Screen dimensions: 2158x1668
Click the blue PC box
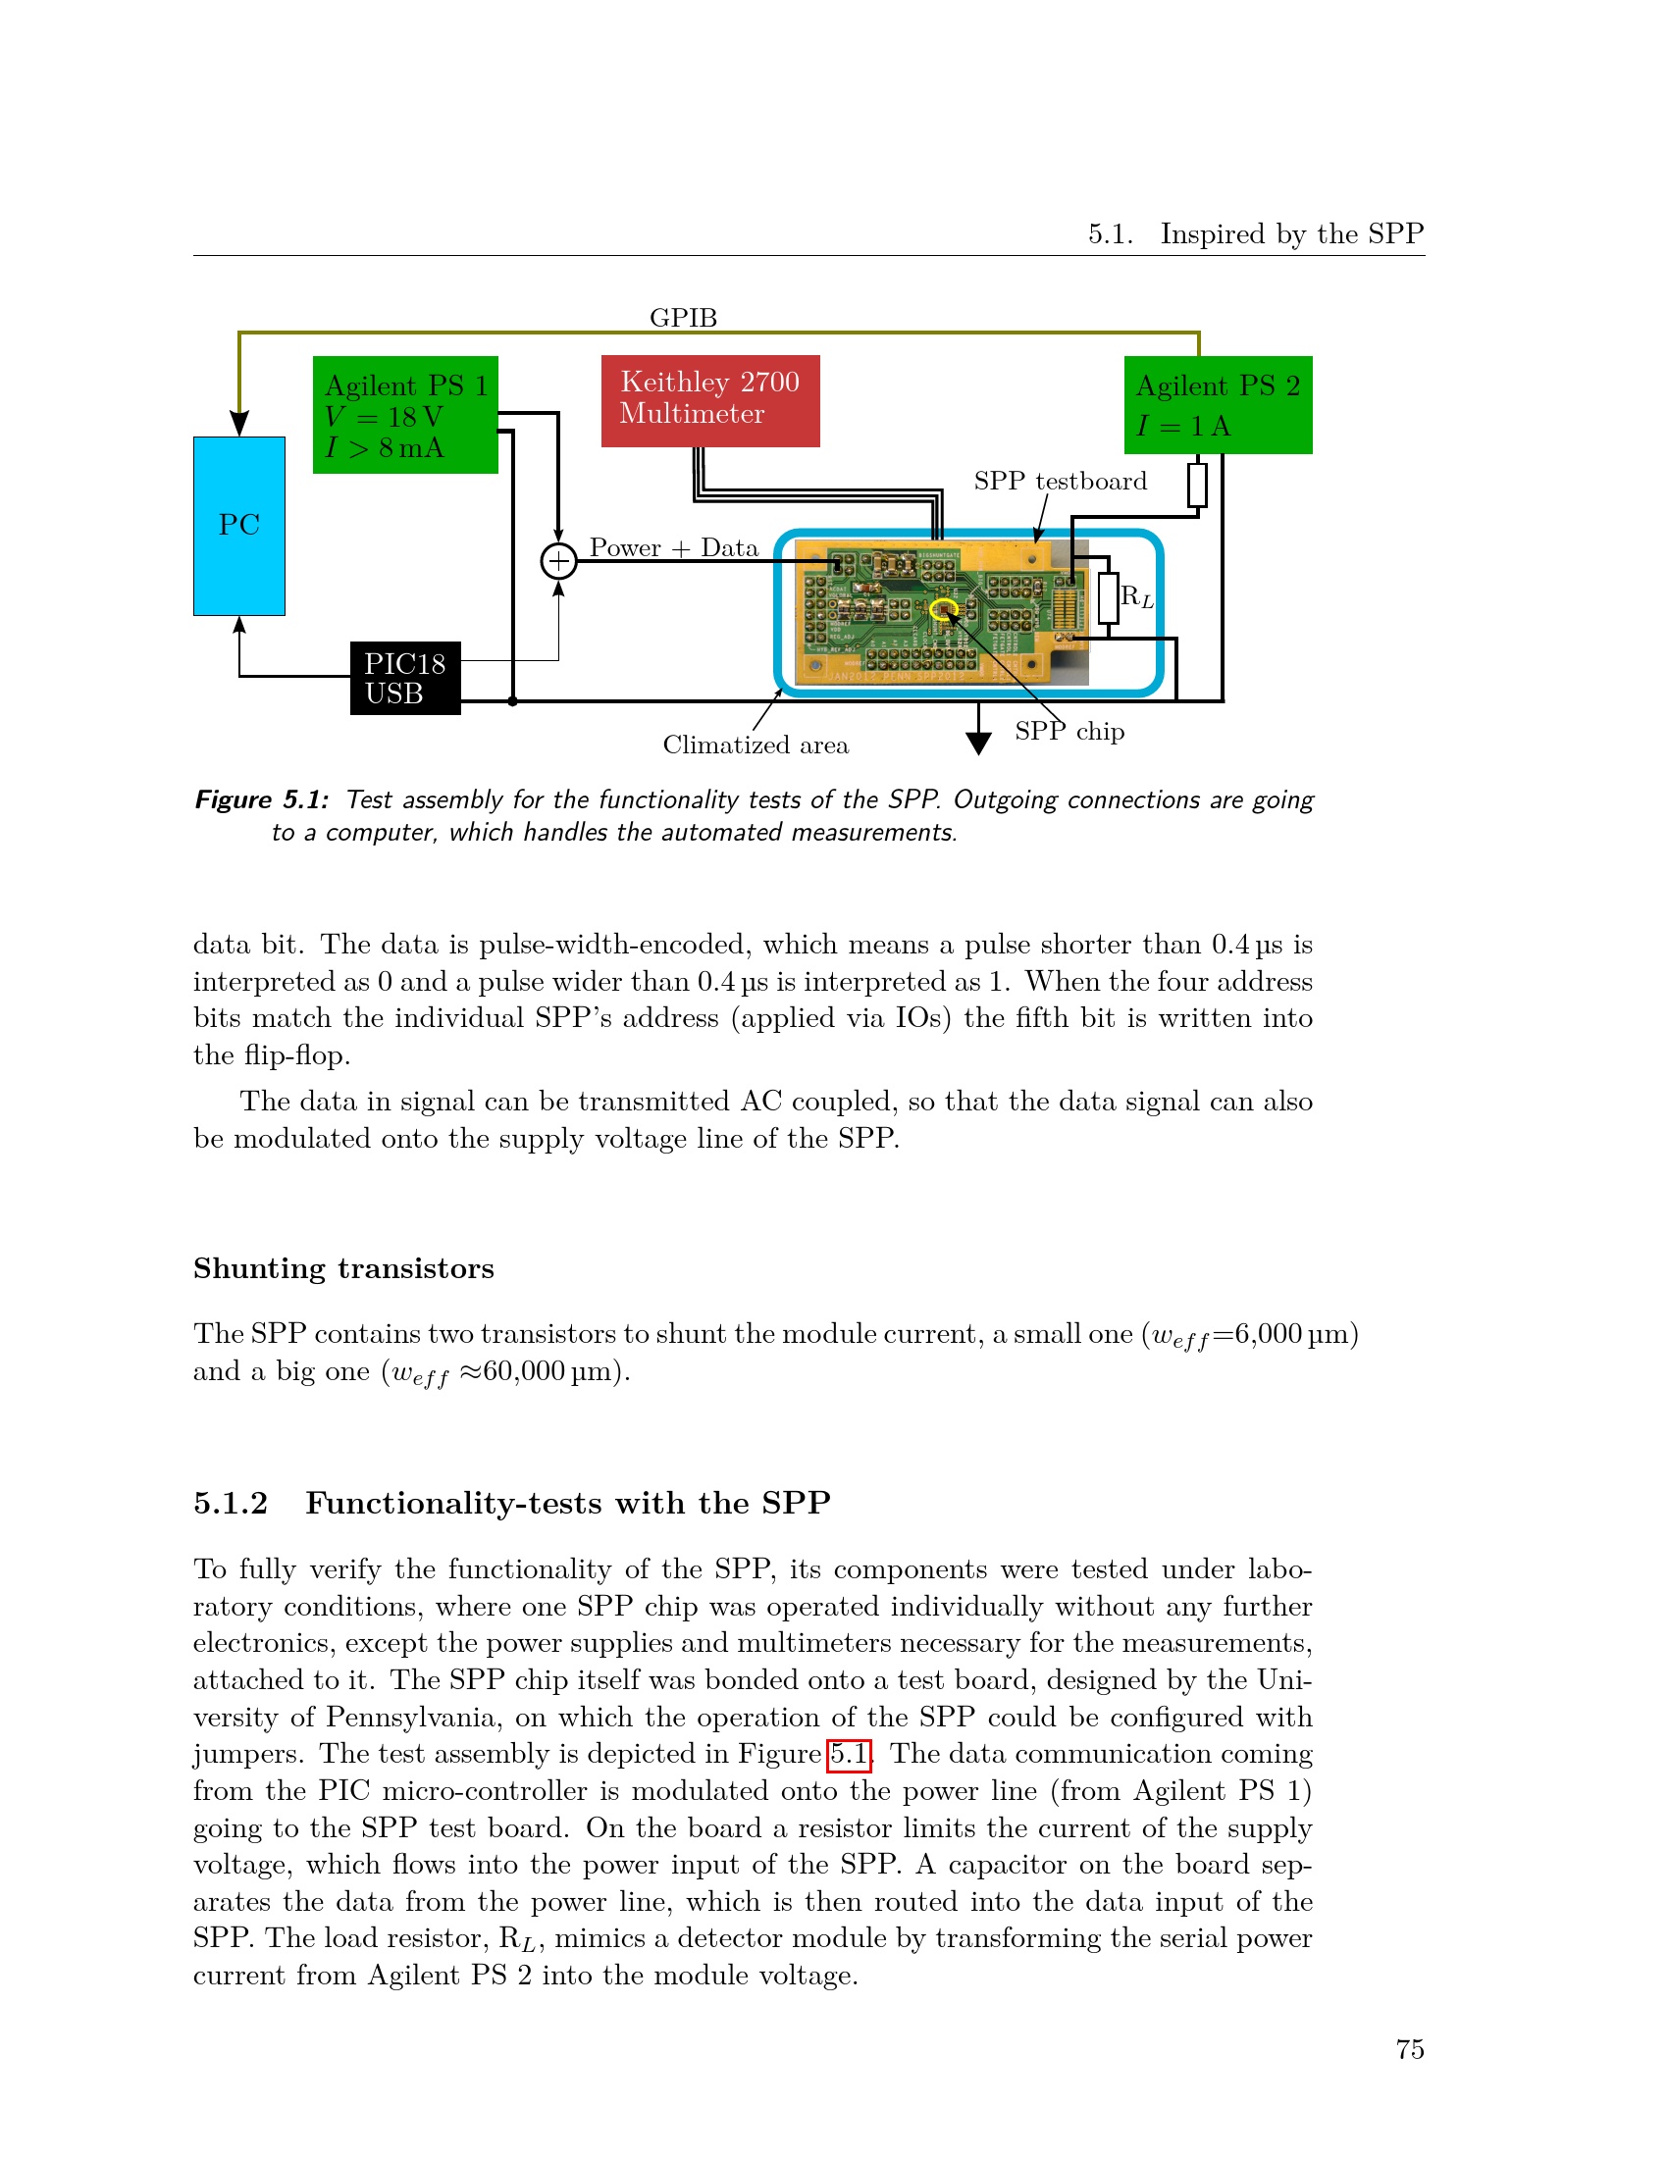(239, 526)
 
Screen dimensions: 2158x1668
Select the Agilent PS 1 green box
(405, 415)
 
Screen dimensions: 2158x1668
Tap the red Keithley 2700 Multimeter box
(710, 400)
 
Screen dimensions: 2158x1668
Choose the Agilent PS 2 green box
(1218, 405)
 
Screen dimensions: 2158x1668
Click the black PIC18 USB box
(405, 678)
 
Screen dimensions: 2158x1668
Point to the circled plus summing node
(558, 561)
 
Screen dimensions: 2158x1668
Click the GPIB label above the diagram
(683, 317)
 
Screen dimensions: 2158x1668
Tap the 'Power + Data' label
(674, 547)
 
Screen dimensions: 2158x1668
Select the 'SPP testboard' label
(1061, 482)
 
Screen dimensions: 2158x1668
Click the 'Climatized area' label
(755, 745)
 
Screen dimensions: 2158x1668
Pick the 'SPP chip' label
(1069, 731)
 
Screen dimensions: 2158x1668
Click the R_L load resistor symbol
(1108, 597)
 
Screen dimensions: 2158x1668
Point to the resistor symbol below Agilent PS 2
(1197, 486)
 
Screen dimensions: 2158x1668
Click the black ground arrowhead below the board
(978, 744)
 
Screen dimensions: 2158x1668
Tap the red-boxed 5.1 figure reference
(848, 1754)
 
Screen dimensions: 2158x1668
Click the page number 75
(1409, 2049)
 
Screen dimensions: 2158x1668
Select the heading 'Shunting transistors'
(343, 1268)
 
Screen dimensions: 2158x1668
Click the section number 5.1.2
(231, 1503)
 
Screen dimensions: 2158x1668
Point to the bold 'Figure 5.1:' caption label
(262, 799)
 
